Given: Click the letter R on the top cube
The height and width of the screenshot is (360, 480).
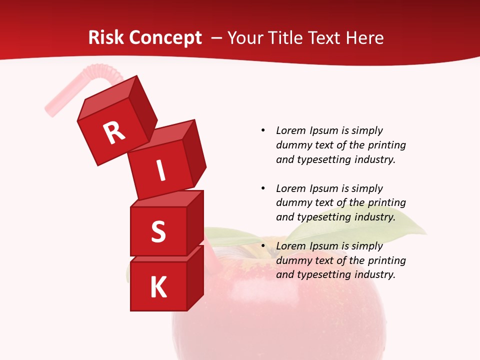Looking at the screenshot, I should [x=114, y=132].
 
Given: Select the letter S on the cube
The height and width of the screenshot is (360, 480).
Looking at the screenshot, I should [x=158, y=231].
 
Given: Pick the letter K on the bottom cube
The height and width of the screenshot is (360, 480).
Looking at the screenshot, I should [x=158, y=287].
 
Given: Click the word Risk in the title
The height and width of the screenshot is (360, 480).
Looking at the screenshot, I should [x=106, y=38].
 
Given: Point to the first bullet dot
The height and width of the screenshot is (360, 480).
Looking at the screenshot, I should [x=263, y=131].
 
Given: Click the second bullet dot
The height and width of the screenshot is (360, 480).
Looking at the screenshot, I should [x=263, y=189].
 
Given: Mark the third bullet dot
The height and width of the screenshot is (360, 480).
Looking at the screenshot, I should [x=263, y=246].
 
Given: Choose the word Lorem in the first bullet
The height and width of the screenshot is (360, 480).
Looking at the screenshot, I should [x=290, y=130].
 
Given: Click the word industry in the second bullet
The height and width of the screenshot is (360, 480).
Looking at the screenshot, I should [x=374, y=217].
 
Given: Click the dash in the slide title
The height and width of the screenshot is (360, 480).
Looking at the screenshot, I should [x=216, y=38].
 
